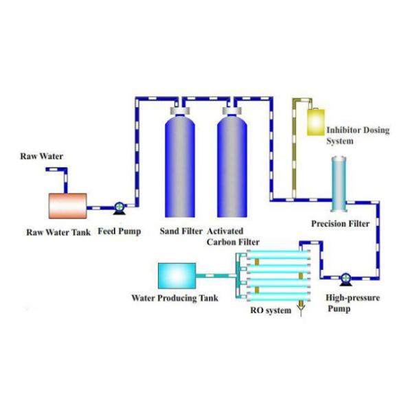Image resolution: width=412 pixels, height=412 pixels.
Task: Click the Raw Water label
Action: tap(41, 157)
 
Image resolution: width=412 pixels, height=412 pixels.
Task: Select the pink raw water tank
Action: tap(67, 205)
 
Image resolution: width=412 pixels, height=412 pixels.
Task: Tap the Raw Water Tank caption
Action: tap(58, 232)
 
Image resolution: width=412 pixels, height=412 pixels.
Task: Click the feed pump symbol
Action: tap(119, 205)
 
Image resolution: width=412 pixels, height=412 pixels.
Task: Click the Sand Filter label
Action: tap(181, 231)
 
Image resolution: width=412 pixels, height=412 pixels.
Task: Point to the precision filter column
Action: tap(340, 184)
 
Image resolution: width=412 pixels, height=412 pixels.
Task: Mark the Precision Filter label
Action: tap(341, 225)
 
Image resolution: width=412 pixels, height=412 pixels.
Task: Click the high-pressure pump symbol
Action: tap(345, 278)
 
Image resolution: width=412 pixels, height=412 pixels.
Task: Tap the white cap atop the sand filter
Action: tap(180, 110)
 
